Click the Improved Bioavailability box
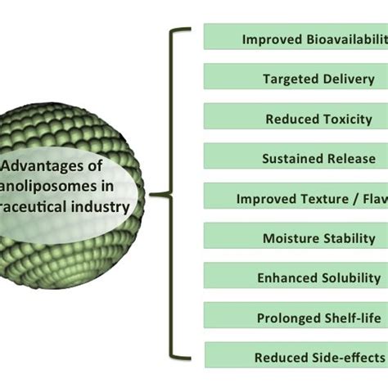click(296, 38)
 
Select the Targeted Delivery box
click(296, 79)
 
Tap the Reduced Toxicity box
click(296, 119)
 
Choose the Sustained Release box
click(296, 158)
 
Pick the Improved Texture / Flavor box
click(296, 198)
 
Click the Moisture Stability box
click(296, 238)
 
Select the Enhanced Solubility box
click(296, 277)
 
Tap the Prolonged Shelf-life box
click(296, 318)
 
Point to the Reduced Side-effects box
click(296, 357)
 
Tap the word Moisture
click(290, 238)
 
